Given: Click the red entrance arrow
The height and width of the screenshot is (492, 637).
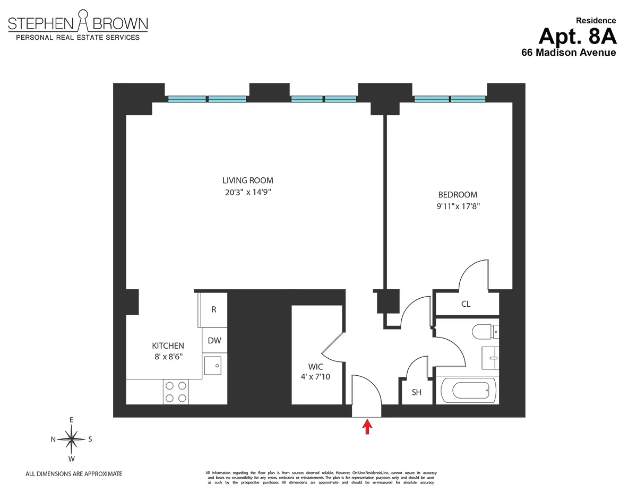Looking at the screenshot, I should click(366, 427).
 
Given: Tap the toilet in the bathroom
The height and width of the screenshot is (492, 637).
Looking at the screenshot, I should click(484, 331).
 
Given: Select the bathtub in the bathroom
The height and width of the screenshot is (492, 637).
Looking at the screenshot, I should click(468, 392).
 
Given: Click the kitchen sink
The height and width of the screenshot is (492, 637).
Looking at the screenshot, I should click(214, 365).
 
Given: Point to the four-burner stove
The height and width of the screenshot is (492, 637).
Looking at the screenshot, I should click(176, 392).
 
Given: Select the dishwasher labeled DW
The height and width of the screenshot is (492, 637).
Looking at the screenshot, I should click(214, 341).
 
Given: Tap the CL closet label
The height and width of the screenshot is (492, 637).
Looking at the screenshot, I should click(466, 304).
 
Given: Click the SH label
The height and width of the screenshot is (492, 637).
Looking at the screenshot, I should click(417, 393).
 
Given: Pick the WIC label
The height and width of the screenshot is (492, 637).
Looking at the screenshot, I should click(315, 367).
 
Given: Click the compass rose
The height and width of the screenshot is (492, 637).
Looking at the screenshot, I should click(71, 439).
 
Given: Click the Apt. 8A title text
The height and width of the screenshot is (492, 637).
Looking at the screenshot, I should click(577, 36).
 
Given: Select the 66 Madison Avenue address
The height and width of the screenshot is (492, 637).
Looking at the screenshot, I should click(569, 53).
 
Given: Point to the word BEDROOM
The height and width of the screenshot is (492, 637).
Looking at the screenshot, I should click(457, 195).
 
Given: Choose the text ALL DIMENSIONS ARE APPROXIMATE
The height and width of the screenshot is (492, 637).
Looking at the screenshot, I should click(74, 473).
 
